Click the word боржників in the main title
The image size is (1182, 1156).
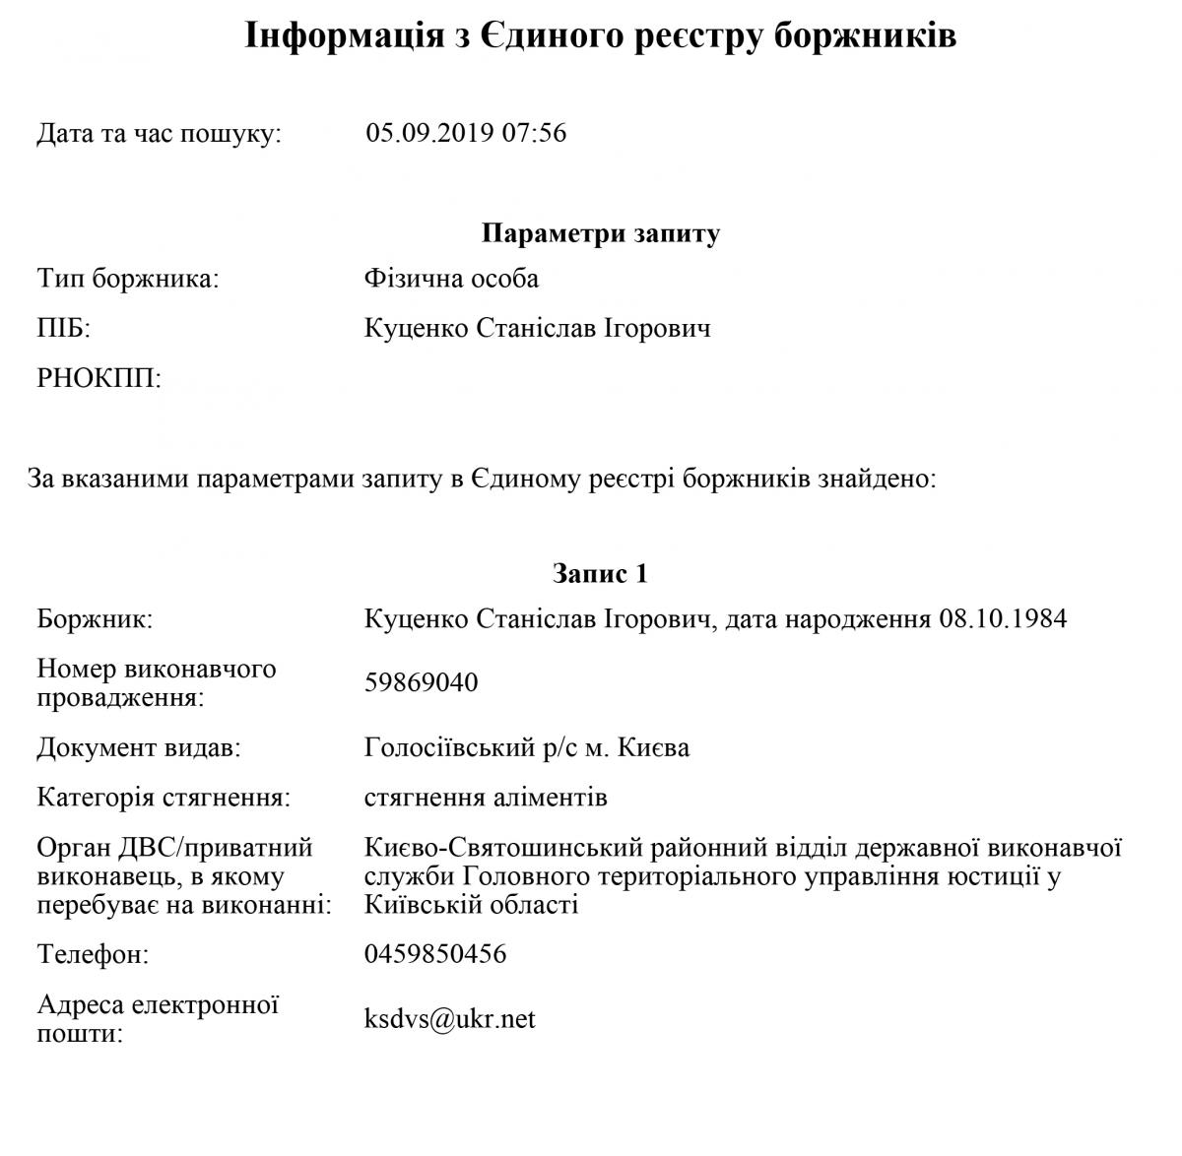[865, 36]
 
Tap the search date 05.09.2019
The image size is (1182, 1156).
[429, 133]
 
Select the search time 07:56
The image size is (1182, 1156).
[534, 133]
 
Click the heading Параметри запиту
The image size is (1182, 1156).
[601, 233]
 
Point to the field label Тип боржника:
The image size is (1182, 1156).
[128, 279]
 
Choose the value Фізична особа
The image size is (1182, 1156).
[451, 279]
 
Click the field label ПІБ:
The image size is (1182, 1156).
[63, 328]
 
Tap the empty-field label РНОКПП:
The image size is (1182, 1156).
[98, 377]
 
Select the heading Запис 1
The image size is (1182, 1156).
[600, 573]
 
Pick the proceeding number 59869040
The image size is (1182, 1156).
[421, 682]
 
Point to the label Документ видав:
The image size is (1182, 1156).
[139, 747]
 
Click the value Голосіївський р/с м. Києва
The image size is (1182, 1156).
[527, 747]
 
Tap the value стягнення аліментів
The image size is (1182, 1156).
[486, 797]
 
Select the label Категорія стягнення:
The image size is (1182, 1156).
[164, 797]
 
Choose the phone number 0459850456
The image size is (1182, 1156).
[435, 954]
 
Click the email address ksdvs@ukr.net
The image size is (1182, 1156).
[449, 1019]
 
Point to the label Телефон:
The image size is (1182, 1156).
[93, 954]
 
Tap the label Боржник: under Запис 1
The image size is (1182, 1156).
[95, 619]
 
